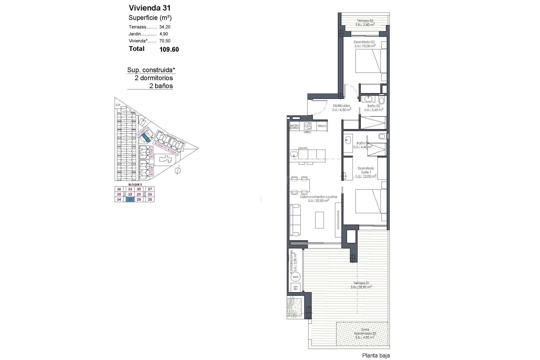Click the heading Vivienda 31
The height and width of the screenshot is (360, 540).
click(x=150, y=8)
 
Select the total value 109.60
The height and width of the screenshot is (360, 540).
click(x=169, y=49)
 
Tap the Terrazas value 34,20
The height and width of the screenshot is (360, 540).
click(x=165, y=27)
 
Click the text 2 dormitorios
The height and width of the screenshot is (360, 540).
click(x=154, y=78)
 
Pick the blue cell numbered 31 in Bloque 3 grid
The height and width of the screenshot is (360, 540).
click(x=130, y=199)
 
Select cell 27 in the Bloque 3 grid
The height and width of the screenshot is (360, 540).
click(x=150, y=189)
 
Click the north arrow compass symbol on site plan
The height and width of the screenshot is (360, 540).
click(x=177, y=170)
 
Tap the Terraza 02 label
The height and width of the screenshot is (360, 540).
click(x=365, y=21)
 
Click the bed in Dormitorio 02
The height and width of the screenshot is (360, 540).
click(x=368, y=61)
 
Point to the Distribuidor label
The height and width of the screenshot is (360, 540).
click(x=341, y=106)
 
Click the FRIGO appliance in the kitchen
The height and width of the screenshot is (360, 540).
click(x=322, y=126)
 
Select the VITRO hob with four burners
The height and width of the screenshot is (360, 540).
click(x=308, y=126)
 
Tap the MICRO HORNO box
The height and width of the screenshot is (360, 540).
click(x=295, y=127)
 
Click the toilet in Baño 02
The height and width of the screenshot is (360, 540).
click(x=382, y=100)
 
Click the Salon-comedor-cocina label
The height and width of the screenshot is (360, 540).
click(x=318, y=197)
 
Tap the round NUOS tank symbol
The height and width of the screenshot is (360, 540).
click(x=295, y=277)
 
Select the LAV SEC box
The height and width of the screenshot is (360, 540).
click(x=295, y=288)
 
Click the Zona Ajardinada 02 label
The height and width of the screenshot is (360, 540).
click(x=365, y=333)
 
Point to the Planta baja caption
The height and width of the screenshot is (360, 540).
click(x=376, y=356)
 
